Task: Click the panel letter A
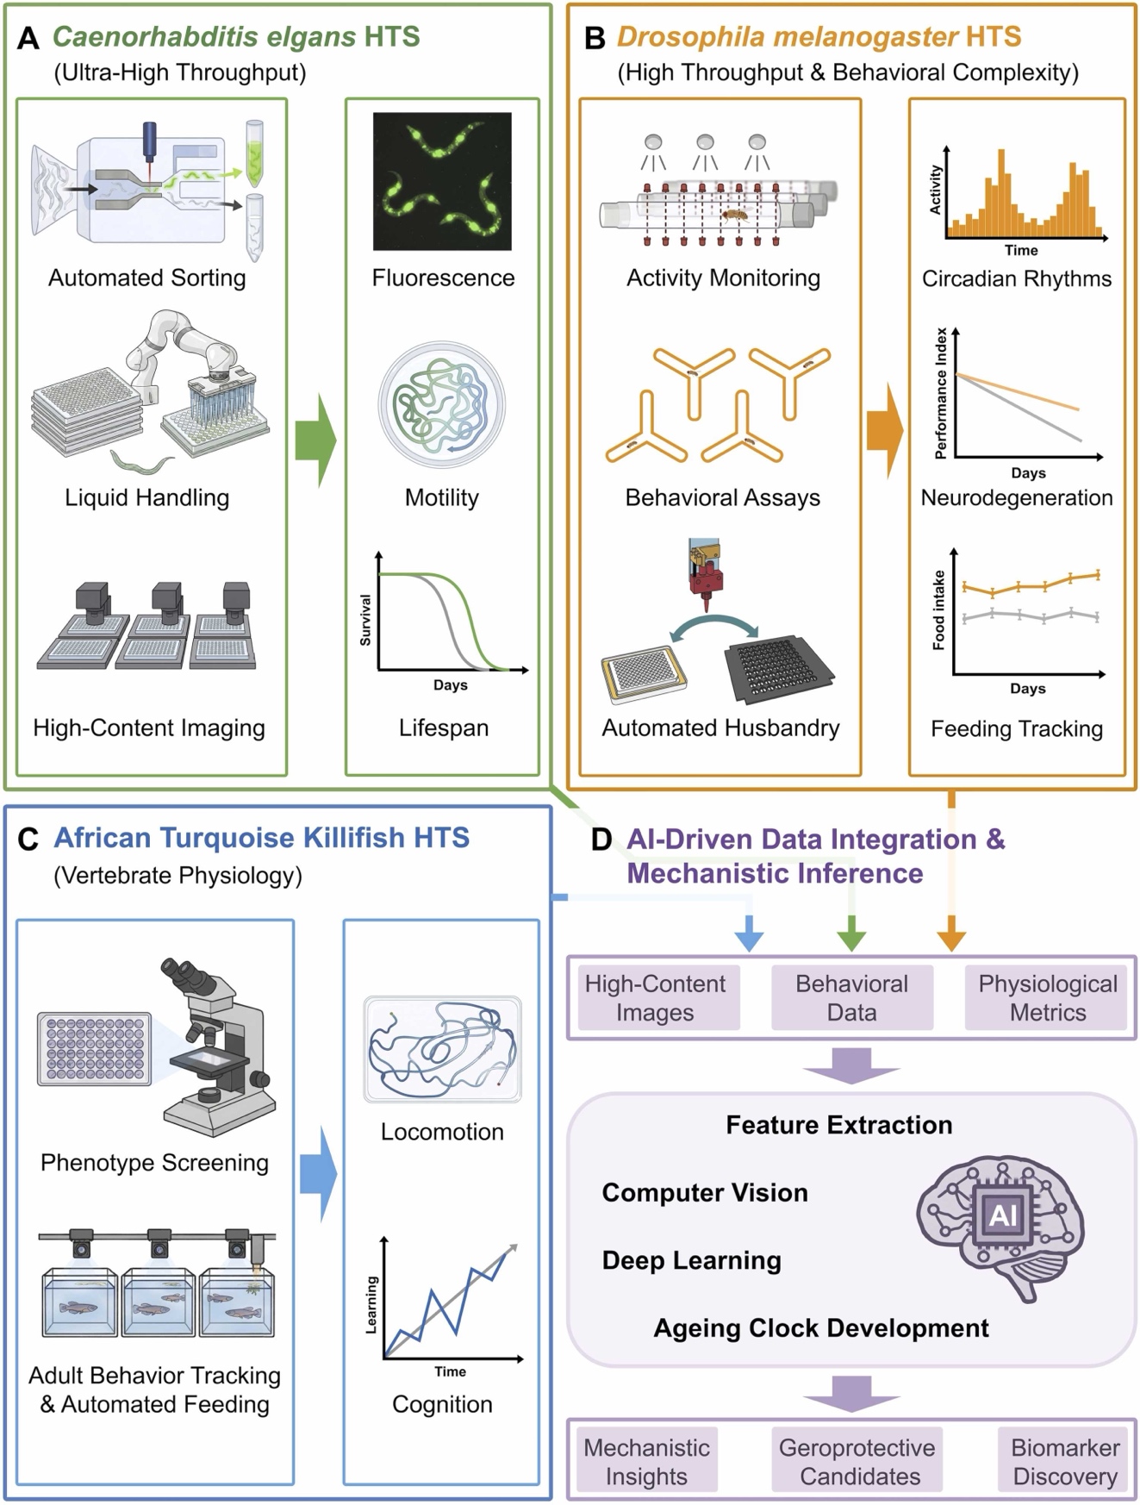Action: point(28,39)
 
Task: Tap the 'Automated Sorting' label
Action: point(146,278)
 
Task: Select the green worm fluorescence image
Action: point(442,181)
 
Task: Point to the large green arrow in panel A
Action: point(315,440)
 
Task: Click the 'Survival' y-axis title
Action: point(365,621)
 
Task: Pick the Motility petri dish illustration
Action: point(442,405)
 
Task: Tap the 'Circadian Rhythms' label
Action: point(1017,278)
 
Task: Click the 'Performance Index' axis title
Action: point(941,393)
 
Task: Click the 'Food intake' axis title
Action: point(939,609)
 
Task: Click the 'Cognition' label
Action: point(442,1404)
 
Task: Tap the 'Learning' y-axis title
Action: point(371,1305)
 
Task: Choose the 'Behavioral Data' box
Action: point(851,997)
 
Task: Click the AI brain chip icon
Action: point(1002,1215)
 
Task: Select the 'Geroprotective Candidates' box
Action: point(857,1461)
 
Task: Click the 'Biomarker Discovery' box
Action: point(1065,1461)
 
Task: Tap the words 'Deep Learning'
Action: point(691,1260)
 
